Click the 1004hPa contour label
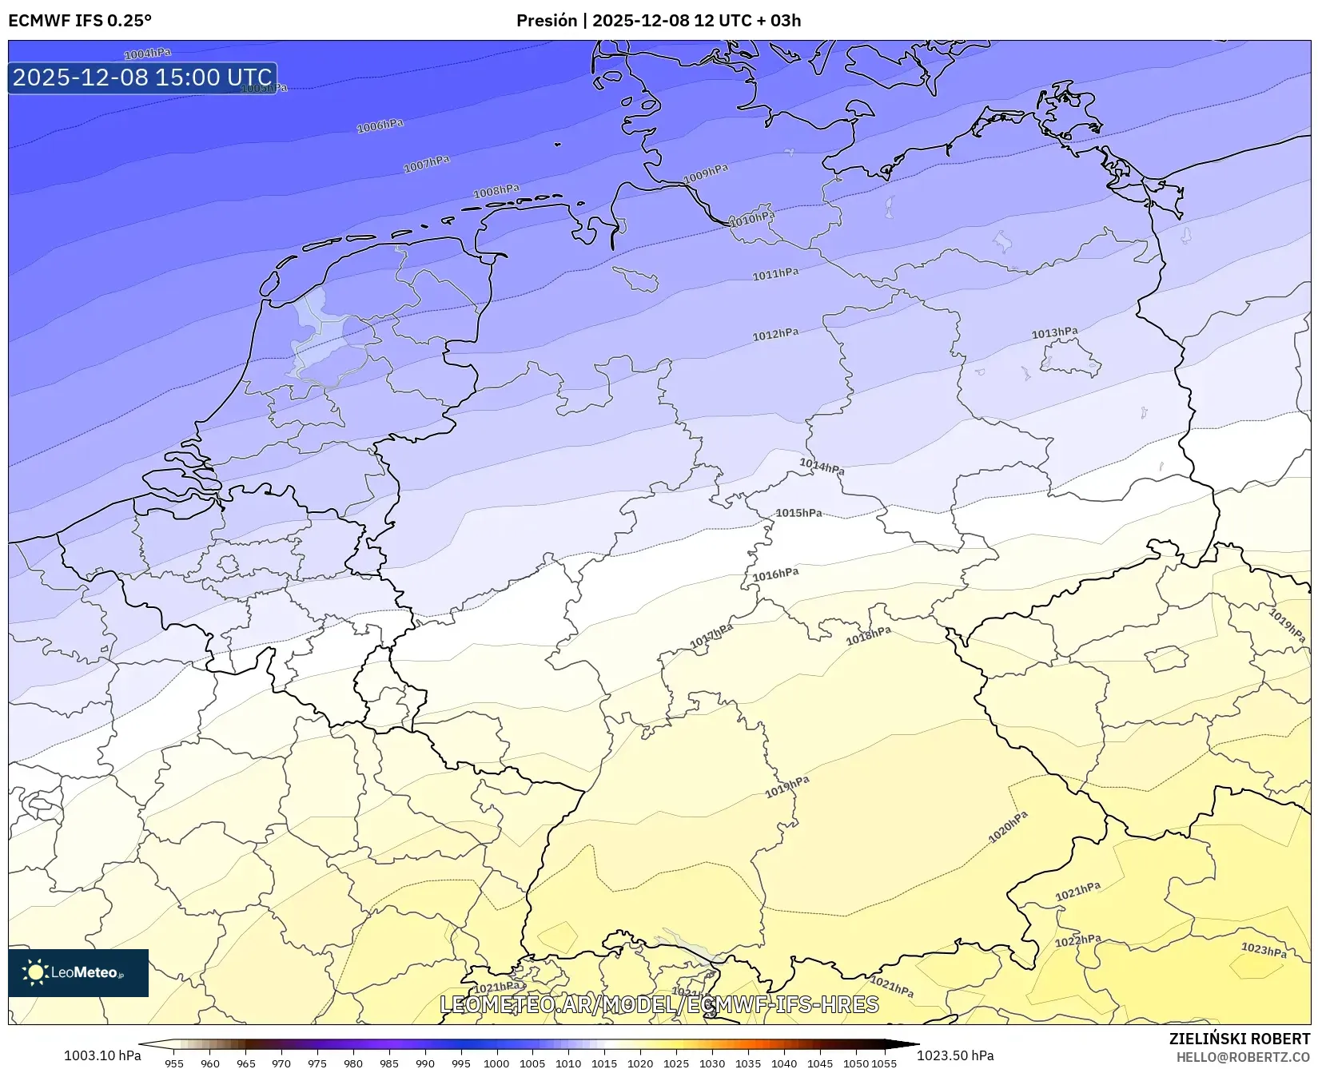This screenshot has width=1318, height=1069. coord(148,54)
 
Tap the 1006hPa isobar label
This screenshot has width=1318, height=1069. coord(380,125)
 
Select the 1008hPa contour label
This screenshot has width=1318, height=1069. coord(496,191)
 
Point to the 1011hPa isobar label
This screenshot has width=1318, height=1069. coord(775,274)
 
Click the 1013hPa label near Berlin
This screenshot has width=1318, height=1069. coord(1054,332)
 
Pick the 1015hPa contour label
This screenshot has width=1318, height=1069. coord(798,513)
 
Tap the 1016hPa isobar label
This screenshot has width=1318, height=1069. coord(775,574)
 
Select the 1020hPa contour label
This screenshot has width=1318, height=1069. coord(1008,827)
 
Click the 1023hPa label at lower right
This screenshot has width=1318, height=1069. coord(1264,950)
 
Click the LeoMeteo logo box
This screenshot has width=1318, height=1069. coord(78,972)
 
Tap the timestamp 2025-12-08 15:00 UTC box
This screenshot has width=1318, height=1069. coord(142,77)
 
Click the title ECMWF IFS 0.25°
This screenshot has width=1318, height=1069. coord(80,21)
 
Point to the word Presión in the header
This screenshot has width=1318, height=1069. coord(547,21)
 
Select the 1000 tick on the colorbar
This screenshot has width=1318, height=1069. coord(496,1063)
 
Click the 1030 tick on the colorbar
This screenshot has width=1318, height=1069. coord(712,1063)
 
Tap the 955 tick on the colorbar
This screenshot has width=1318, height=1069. coord(174,1063)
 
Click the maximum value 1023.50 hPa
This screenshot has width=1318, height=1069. coord(955,1055)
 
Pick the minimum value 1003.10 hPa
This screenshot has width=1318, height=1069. coord(102,1055)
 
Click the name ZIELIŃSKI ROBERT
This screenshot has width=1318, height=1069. coord(1240,1039)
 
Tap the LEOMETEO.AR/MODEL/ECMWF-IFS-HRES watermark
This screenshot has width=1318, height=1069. coord(659,1004)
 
